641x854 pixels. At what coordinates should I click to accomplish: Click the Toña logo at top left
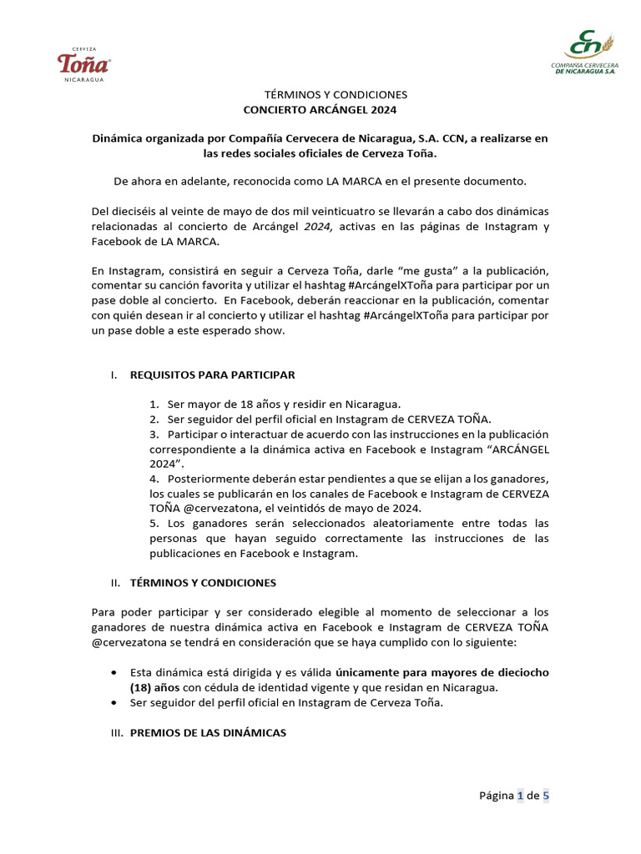click(x=83, y=64)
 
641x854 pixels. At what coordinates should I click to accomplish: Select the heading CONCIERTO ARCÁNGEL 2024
click(x=320, y=110)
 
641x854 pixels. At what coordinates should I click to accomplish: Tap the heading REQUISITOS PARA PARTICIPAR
click(x=212, y=375)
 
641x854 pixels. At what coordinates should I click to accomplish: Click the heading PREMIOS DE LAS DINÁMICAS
click(x=208, y=732)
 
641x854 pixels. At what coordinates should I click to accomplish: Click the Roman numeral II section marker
click(x=115, y=582)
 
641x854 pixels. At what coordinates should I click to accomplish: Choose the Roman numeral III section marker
click(x=116, y=732)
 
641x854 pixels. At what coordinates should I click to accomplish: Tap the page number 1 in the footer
click(x=521, y=796)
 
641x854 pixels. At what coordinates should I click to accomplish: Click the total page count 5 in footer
click(x=546, y=796)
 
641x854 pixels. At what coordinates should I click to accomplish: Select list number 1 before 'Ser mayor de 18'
click(x=154, y=404)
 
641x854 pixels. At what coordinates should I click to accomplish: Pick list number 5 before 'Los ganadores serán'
click(x=154, y=524)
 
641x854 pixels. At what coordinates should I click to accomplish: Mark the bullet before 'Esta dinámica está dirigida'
click(x=114, y=672)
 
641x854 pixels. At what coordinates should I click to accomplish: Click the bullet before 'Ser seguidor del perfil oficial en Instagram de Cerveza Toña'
click(x=114, y=703)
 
